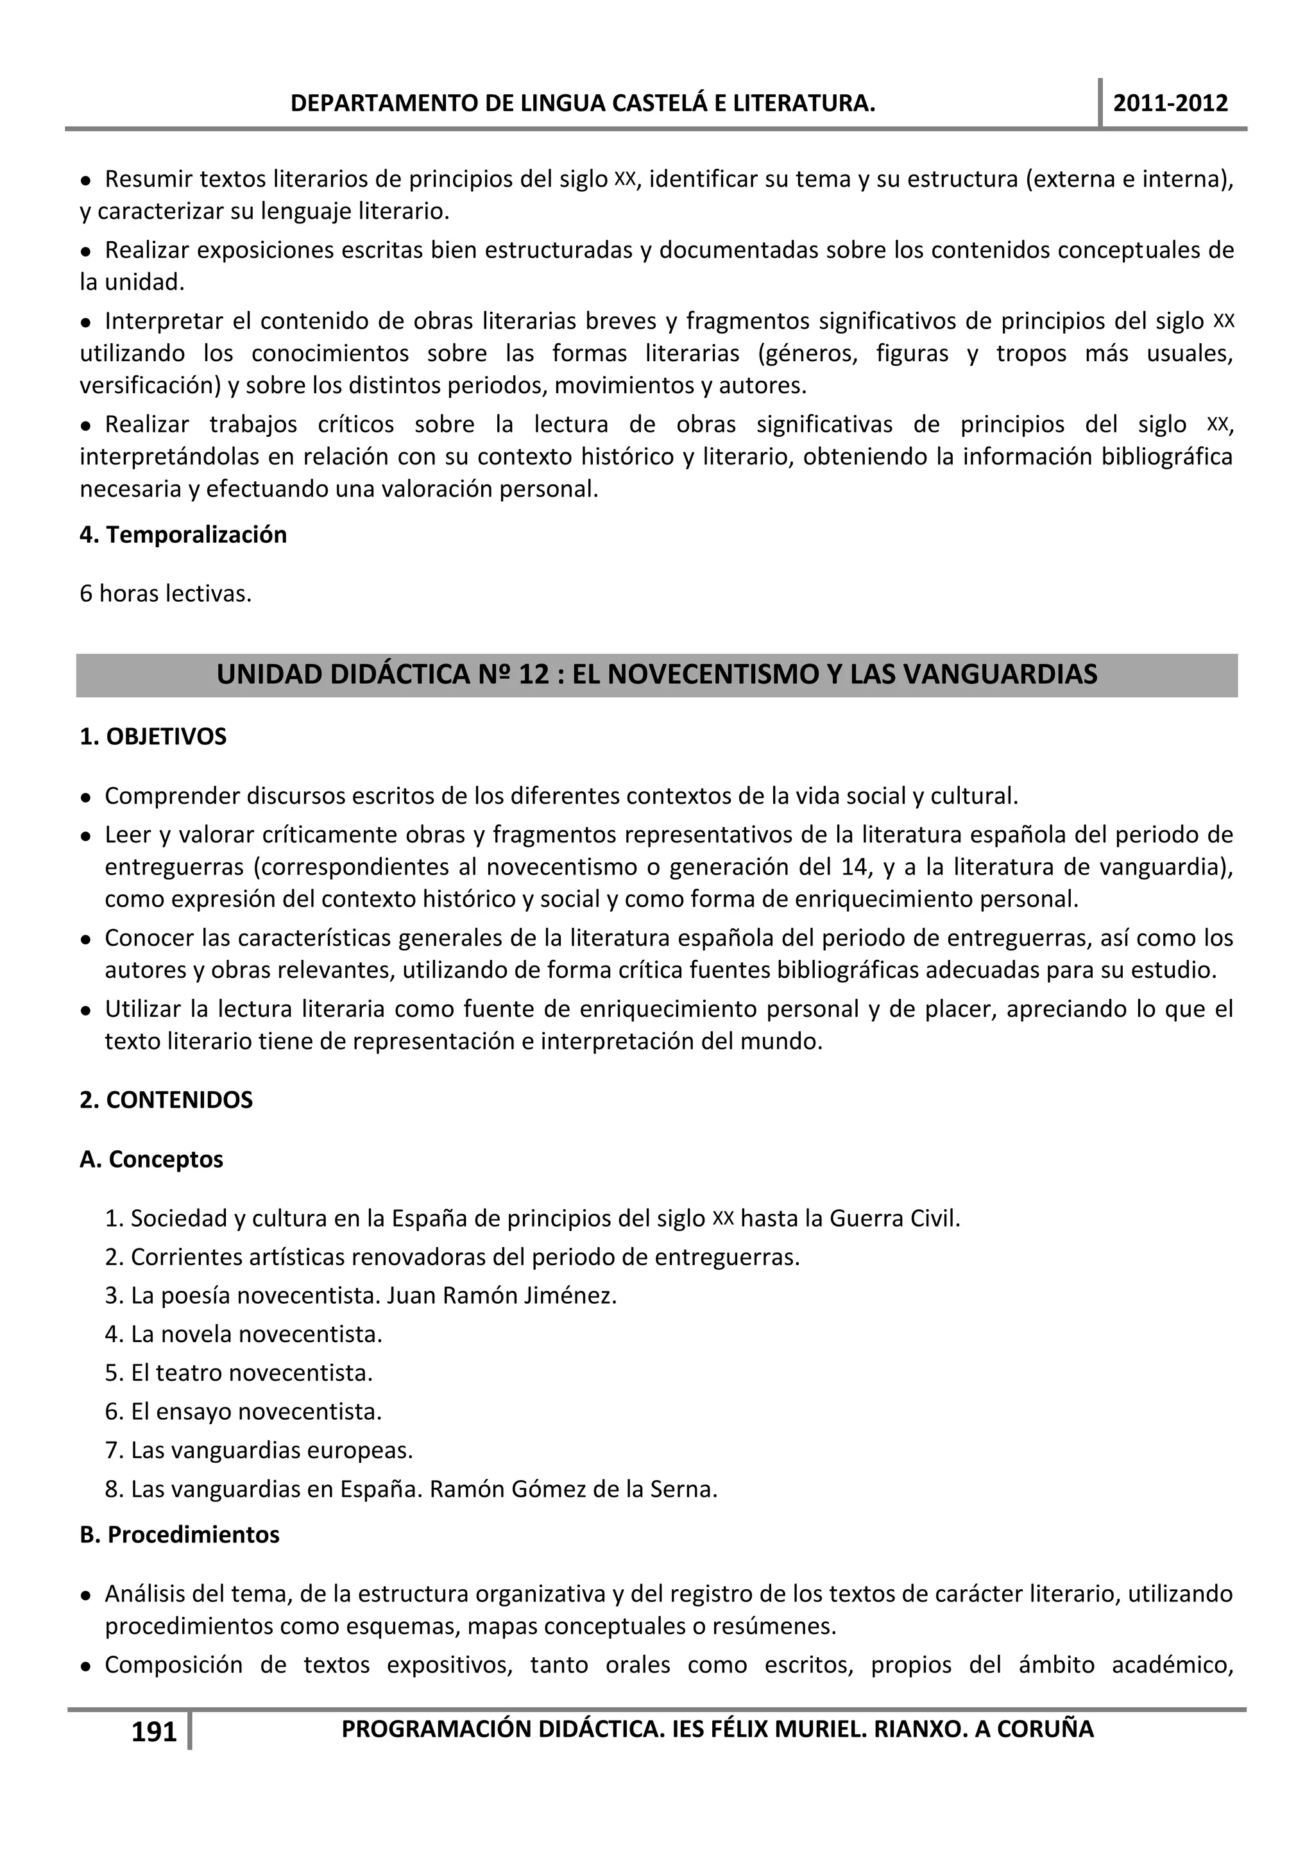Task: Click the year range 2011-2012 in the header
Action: (x=1170, y=103)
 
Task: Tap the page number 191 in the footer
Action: (x=154, y=1732)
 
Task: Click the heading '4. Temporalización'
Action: (x=183, y=535)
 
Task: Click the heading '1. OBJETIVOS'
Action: (x=153, y=737)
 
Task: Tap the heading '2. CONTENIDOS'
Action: (x=166, y=1100)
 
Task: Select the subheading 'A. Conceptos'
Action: (x=151, y=1159)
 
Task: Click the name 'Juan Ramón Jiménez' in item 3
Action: (x=502, y=1295)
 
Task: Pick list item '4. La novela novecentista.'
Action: (x=244, y=1334)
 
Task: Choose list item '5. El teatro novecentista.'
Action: (x=239, y=1373)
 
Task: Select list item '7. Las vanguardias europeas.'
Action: (x=259, y=1450)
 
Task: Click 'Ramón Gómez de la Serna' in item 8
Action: (x=573, y=1489)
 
